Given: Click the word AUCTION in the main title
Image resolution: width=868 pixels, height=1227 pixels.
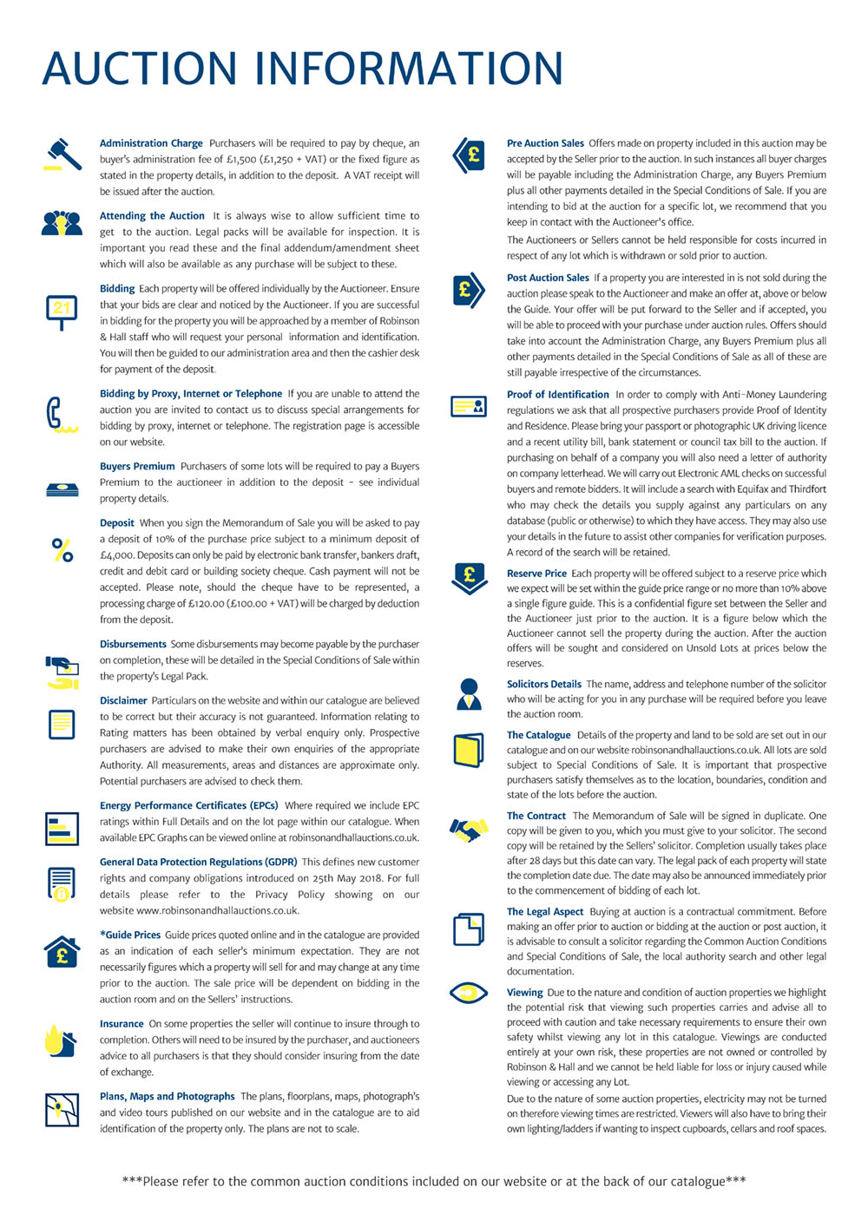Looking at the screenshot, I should point(139,69).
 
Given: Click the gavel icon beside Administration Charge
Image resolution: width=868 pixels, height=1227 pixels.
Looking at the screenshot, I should point(62,154).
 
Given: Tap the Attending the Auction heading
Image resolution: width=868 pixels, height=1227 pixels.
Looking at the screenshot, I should point(152,216).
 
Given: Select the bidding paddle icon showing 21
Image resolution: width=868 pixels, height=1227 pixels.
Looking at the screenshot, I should point(62,311).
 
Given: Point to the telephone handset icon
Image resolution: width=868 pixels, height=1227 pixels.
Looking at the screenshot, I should point(60,414).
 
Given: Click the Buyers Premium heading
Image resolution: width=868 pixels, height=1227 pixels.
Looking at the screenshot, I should point(137,466).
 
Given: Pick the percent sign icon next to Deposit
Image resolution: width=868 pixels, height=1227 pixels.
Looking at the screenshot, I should point(62,550).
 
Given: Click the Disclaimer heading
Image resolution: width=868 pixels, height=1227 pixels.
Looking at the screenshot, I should point(123,700).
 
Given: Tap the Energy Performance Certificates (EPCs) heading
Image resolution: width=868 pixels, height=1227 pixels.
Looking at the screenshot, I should point(188,805).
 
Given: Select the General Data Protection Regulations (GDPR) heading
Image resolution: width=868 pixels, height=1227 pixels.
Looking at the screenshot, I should point(198,862).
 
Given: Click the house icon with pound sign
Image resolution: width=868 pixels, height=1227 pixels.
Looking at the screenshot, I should point(62,952).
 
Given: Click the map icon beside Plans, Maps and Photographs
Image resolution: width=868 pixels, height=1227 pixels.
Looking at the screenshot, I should point(62,1109).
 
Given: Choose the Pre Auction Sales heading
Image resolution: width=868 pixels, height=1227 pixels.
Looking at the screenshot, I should point(545,143).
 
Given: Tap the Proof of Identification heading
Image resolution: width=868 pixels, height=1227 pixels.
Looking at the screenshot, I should point(557,394).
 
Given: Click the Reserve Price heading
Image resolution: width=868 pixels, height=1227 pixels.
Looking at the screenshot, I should point(536,574).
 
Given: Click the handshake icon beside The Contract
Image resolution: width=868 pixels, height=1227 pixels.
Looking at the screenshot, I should point(469,830).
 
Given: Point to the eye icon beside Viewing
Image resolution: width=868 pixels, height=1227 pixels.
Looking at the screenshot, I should point(469,992).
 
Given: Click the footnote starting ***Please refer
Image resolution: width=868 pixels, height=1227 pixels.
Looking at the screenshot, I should point(434,1181).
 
